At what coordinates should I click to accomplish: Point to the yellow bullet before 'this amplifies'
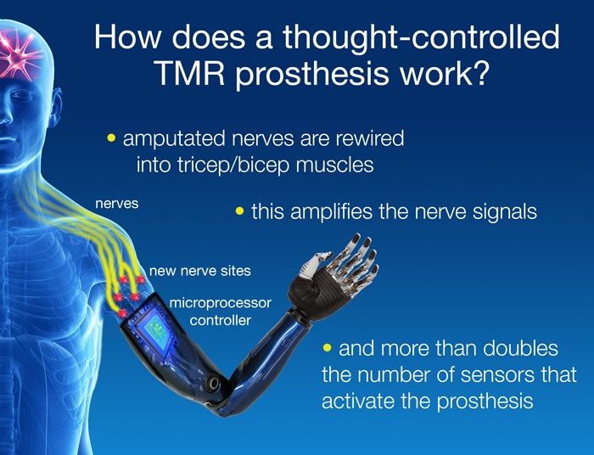(x=239, y=211)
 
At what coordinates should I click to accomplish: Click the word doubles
(x=522, y=349)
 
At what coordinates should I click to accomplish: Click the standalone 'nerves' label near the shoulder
(x=116, y=204)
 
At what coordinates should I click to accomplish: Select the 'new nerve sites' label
(x=199, y=272)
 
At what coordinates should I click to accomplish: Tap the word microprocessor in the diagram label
(x=220, y=303)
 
